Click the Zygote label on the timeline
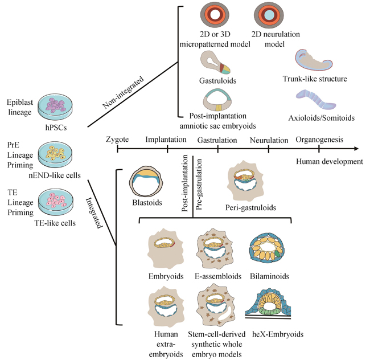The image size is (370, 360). pos(118,139)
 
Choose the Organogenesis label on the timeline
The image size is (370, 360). pos(319,139)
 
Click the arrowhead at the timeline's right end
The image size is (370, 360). pos(355,149)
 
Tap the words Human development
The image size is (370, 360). pos(329,162)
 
